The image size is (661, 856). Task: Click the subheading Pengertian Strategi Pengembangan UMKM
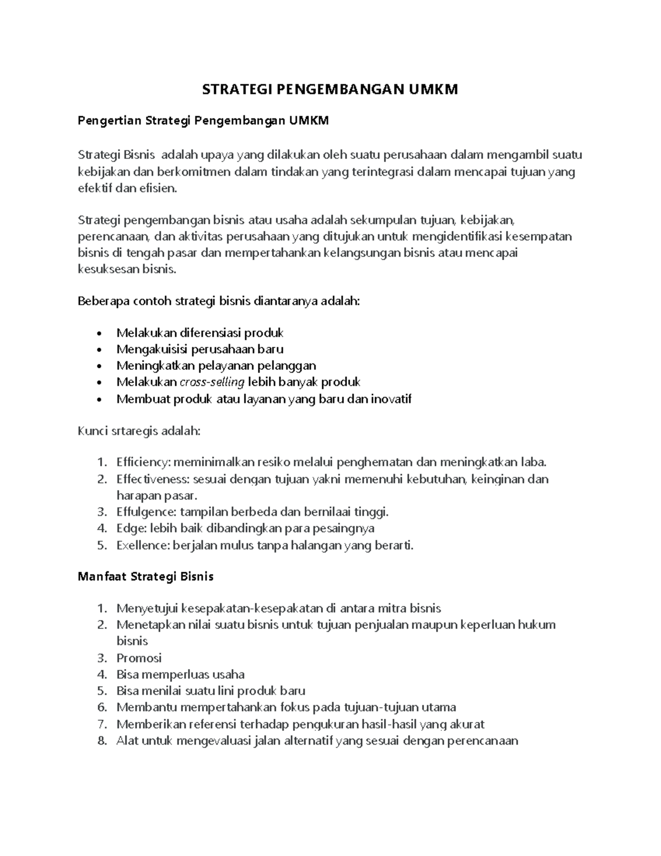pyautogui.click(x=203, y=121)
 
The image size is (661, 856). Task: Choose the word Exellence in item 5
pyautogui.click(x=143, y=545)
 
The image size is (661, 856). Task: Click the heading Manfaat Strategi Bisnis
pyautogui.click(x=145, y=577)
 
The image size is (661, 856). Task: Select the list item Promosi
pyautogui.click(x=139, y=658)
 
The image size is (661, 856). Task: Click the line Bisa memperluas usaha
pyautogui.click(x=180, y=674)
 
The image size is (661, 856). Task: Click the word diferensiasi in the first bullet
pyautogui.click(x=210, y=332)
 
